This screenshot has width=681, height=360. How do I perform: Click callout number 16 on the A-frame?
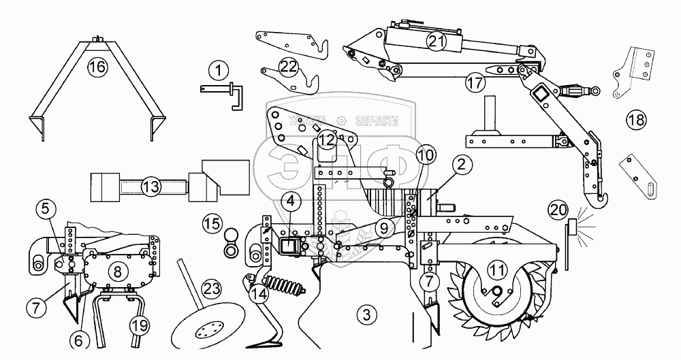point(97,66)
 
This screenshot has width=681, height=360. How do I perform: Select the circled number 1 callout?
point(218,69)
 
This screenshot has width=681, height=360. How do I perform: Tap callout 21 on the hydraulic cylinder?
point(436,42)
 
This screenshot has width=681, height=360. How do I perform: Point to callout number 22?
point(289,66)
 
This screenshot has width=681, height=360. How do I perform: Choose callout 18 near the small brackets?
point(635,121)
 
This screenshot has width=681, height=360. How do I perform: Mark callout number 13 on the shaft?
point(151,185)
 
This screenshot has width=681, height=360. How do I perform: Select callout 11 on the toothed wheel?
point(498,270)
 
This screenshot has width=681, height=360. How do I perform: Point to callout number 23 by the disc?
point(212,289)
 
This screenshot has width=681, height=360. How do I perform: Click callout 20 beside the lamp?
point(558,210)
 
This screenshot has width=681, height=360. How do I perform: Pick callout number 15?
point(212,223)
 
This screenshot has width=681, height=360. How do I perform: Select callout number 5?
point(44,208)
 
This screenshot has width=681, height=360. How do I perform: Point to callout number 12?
point(328,140)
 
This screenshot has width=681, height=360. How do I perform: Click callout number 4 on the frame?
point(291,201)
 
